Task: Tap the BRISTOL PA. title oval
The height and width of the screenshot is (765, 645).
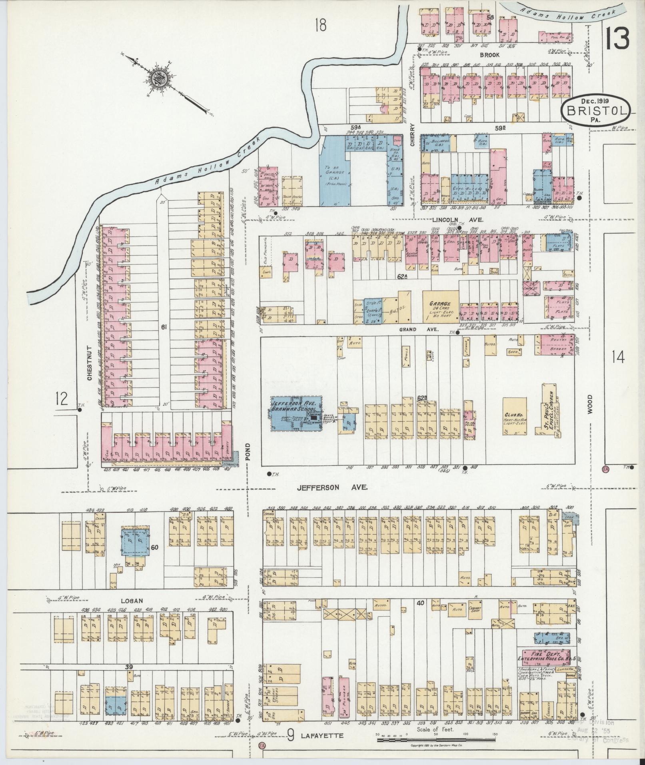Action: [x=597, y=109]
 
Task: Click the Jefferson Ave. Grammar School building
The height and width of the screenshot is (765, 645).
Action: [x=297, y=413]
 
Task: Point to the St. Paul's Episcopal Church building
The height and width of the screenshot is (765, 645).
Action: [x=550, y=410]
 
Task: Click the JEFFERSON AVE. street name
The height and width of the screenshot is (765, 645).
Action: [x=332, y=487]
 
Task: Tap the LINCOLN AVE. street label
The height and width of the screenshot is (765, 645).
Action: [x=458, y=220]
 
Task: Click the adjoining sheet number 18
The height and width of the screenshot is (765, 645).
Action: [x=320, y=25]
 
